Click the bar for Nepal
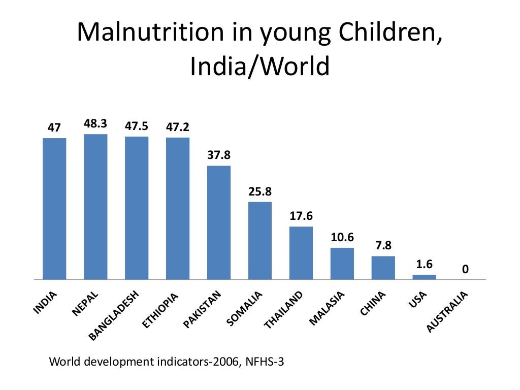click(x=95, y=207)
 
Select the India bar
click(x=54, y=209)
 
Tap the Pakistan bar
click(x=218, y=222)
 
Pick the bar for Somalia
click(x=259, y=241)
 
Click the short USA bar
click(x=424, y=277)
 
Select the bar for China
click(x=383, y=268)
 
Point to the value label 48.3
click(x=95, y=124)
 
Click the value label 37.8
click(x=218, y=155)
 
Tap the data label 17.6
click(x=301, y=216)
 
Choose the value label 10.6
click(x=342, y=237)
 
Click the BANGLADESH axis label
click(x=114, y=315)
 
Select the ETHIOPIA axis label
click(x=161, y=311)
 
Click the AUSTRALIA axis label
click(x=447, y=313)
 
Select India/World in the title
click(x=259, y=66)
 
